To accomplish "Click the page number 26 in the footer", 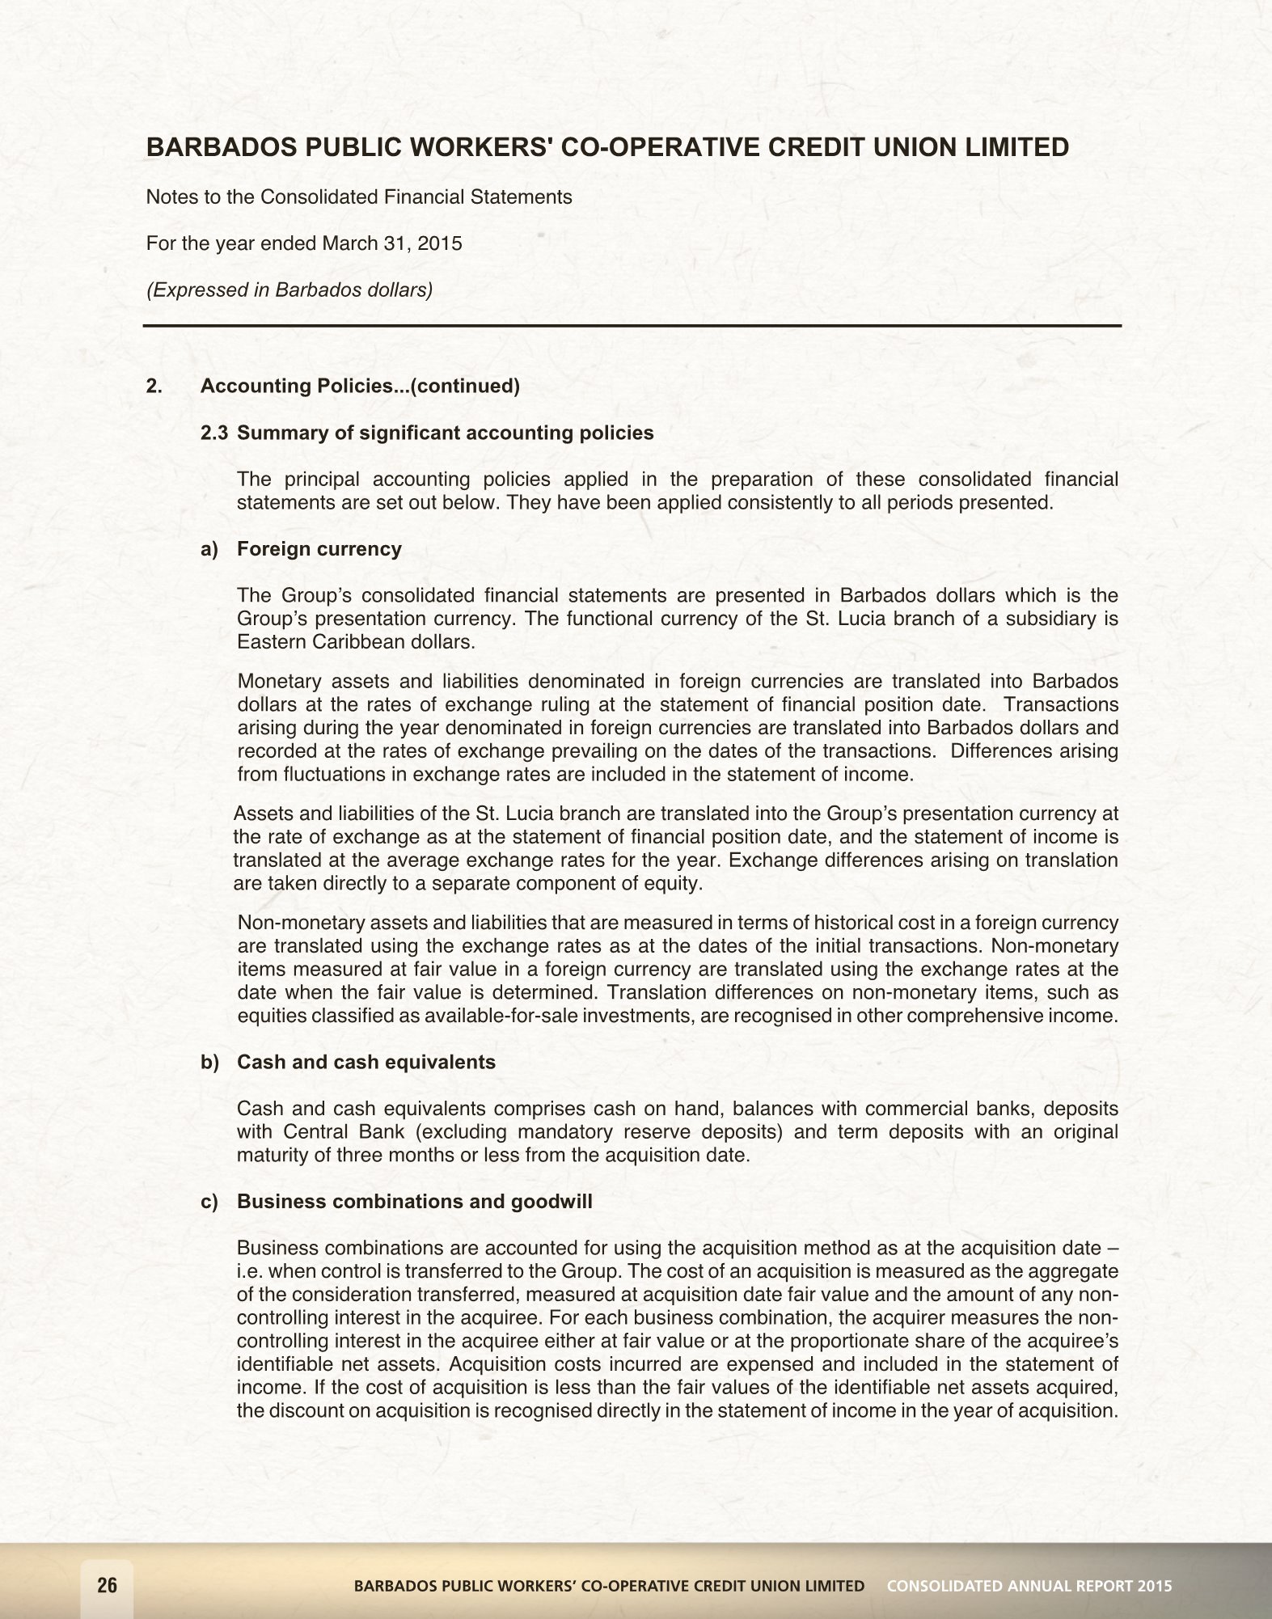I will pos(107,1585).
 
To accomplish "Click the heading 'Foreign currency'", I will pos(319,549).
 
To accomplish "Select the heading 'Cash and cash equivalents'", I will pos(366,1062).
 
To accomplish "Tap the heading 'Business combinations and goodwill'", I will pos(414,1202).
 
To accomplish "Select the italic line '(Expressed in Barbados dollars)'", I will pos(289,290).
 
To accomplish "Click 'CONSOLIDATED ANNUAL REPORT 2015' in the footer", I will pos(1029,1586).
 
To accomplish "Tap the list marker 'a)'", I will pos(209,549).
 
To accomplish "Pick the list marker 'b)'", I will pos(209,1062).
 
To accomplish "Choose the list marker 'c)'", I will pos(209,1202).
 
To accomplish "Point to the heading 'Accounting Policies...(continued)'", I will pos(360,386).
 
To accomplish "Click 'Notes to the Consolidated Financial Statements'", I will pos(359,197).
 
